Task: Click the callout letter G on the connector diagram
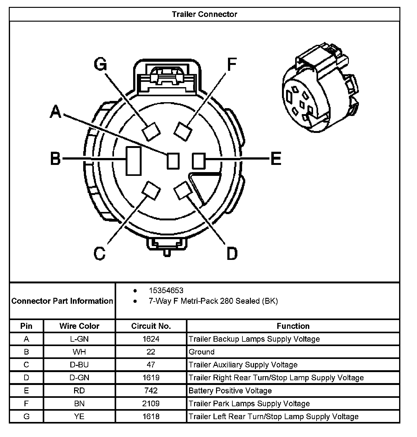[x=100, y=65]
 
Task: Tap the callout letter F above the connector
[x=231, y=65]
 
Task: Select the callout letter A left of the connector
[x=56, y=112]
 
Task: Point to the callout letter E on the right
[x=275, y=159]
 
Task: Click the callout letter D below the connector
[x=232, y=253]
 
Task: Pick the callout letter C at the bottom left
[x=100, y=253]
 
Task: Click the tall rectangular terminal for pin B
[x=133, y=161]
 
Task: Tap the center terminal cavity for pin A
[x=173, y=161]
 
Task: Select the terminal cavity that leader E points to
[x=198, y=161]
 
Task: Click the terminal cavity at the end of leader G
[x=151, y=131]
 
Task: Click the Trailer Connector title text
[x=204, y=14]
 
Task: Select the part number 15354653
[x=166, y=291]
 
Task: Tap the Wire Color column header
[x=79, y=326]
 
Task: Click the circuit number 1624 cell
[x=151, y=339]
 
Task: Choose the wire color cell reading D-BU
[x=79, y=365]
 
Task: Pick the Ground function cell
[x=202, y=352]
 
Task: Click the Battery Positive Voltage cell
[x=230, y=391]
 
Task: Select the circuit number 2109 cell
[x=151, y=403]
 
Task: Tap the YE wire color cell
[x=79, y=416]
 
